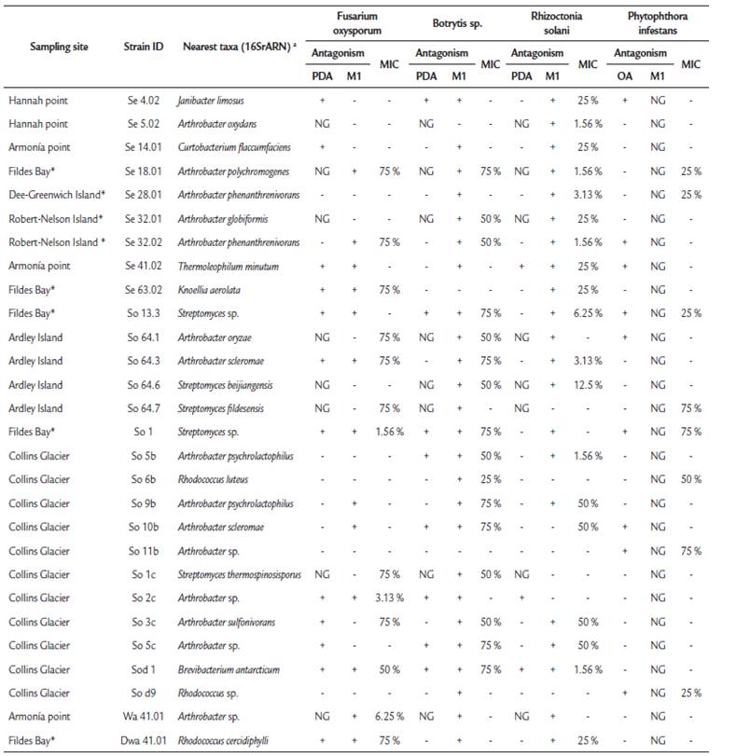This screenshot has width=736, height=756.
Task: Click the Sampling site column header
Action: [49, 47]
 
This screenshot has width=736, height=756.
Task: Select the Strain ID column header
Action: [142, 47]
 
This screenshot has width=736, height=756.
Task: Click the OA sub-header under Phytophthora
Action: [625, 76]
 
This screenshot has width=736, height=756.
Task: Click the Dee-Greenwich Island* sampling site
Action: [58, 195]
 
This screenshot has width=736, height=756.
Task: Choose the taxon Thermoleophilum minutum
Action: [221, 266]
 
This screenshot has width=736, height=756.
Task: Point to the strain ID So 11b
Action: [142, 551]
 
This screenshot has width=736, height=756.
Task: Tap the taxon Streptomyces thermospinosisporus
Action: [237, 574]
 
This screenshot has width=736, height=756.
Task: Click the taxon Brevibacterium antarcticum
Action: [228, 669]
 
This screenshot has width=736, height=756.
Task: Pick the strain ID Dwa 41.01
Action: [143, 740]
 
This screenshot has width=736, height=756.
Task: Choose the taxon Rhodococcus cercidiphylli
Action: [225, 740]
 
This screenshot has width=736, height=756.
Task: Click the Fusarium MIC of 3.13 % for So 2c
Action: [383, 598]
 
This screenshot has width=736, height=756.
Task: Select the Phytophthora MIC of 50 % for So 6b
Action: [690, 479]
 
